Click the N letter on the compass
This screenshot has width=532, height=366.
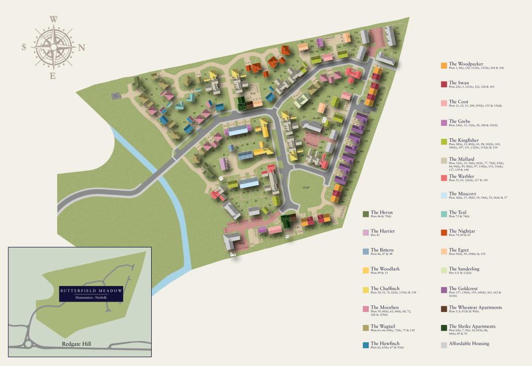click(x=82, y=48)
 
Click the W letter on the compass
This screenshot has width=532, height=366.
click(x=54, y=20)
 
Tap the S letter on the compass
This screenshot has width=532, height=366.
click(x=24, y=47)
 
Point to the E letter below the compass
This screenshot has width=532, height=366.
click(x=52, y=76)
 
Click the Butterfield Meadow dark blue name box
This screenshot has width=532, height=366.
click(x=90, y=293)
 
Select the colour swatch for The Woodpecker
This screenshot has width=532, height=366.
click(x=444, y=66)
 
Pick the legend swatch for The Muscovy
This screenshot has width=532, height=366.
click(x=444, y=195)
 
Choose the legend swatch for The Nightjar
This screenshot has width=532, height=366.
click(x=444, y=233)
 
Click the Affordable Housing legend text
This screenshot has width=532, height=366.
click(x=469, y=343)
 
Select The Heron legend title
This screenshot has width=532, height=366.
click(x=381, y=213)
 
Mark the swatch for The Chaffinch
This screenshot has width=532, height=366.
click(x=366, y=290)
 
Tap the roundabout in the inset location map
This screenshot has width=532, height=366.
click(x=27, y=344)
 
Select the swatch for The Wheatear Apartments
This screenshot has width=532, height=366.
click(x=444, y=309)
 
